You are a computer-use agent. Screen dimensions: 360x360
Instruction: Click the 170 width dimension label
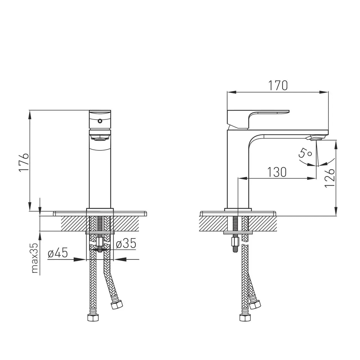click(278, 85)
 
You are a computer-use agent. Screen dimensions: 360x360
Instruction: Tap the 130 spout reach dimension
click(277, 172)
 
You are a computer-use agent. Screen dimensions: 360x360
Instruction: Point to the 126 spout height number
click(329, 178)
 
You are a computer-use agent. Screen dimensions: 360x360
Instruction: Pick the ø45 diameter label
click(58, 253)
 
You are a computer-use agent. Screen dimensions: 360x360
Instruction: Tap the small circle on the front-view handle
click(100, 121)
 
